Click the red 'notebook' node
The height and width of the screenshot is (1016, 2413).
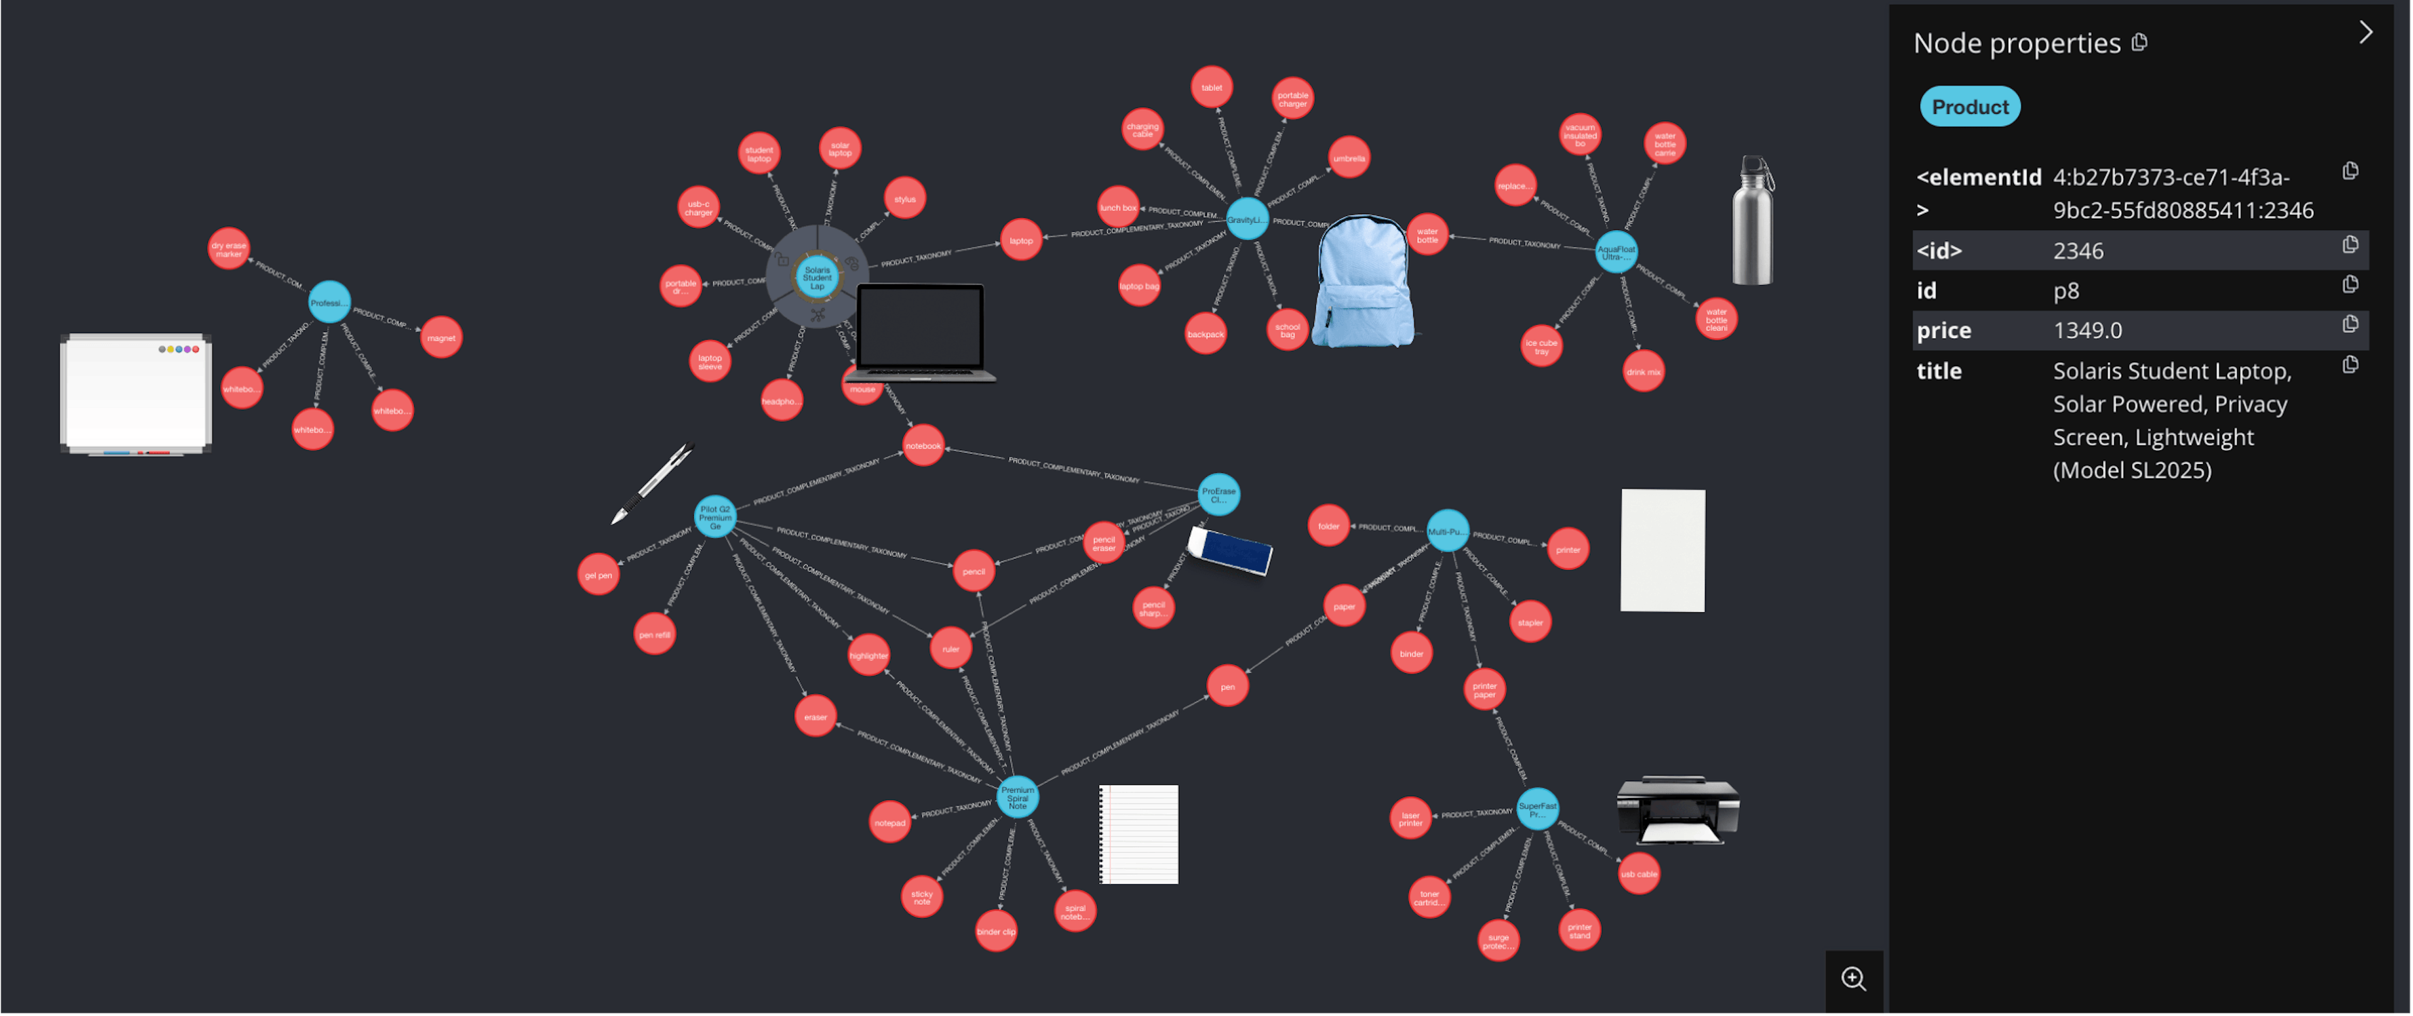click(922, 446)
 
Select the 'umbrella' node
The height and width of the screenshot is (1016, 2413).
click(1349, 158)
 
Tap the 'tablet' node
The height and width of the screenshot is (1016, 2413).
click(1211, 87)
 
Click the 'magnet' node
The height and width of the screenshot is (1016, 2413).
click(441, 338)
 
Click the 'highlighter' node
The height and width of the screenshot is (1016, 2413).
click(868, 656)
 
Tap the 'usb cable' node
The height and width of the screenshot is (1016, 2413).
click(1638, 873)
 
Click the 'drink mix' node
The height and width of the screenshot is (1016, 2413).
click(1643, 372)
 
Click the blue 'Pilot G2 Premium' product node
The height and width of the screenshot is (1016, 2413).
click(714, 517)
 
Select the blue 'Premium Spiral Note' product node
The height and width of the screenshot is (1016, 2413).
click(1017, 797)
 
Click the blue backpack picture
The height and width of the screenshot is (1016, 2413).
click(1363, 282)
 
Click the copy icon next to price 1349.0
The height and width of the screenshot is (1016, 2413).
click(2350, 324)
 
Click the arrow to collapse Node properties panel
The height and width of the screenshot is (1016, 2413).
click(2365, 33)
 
